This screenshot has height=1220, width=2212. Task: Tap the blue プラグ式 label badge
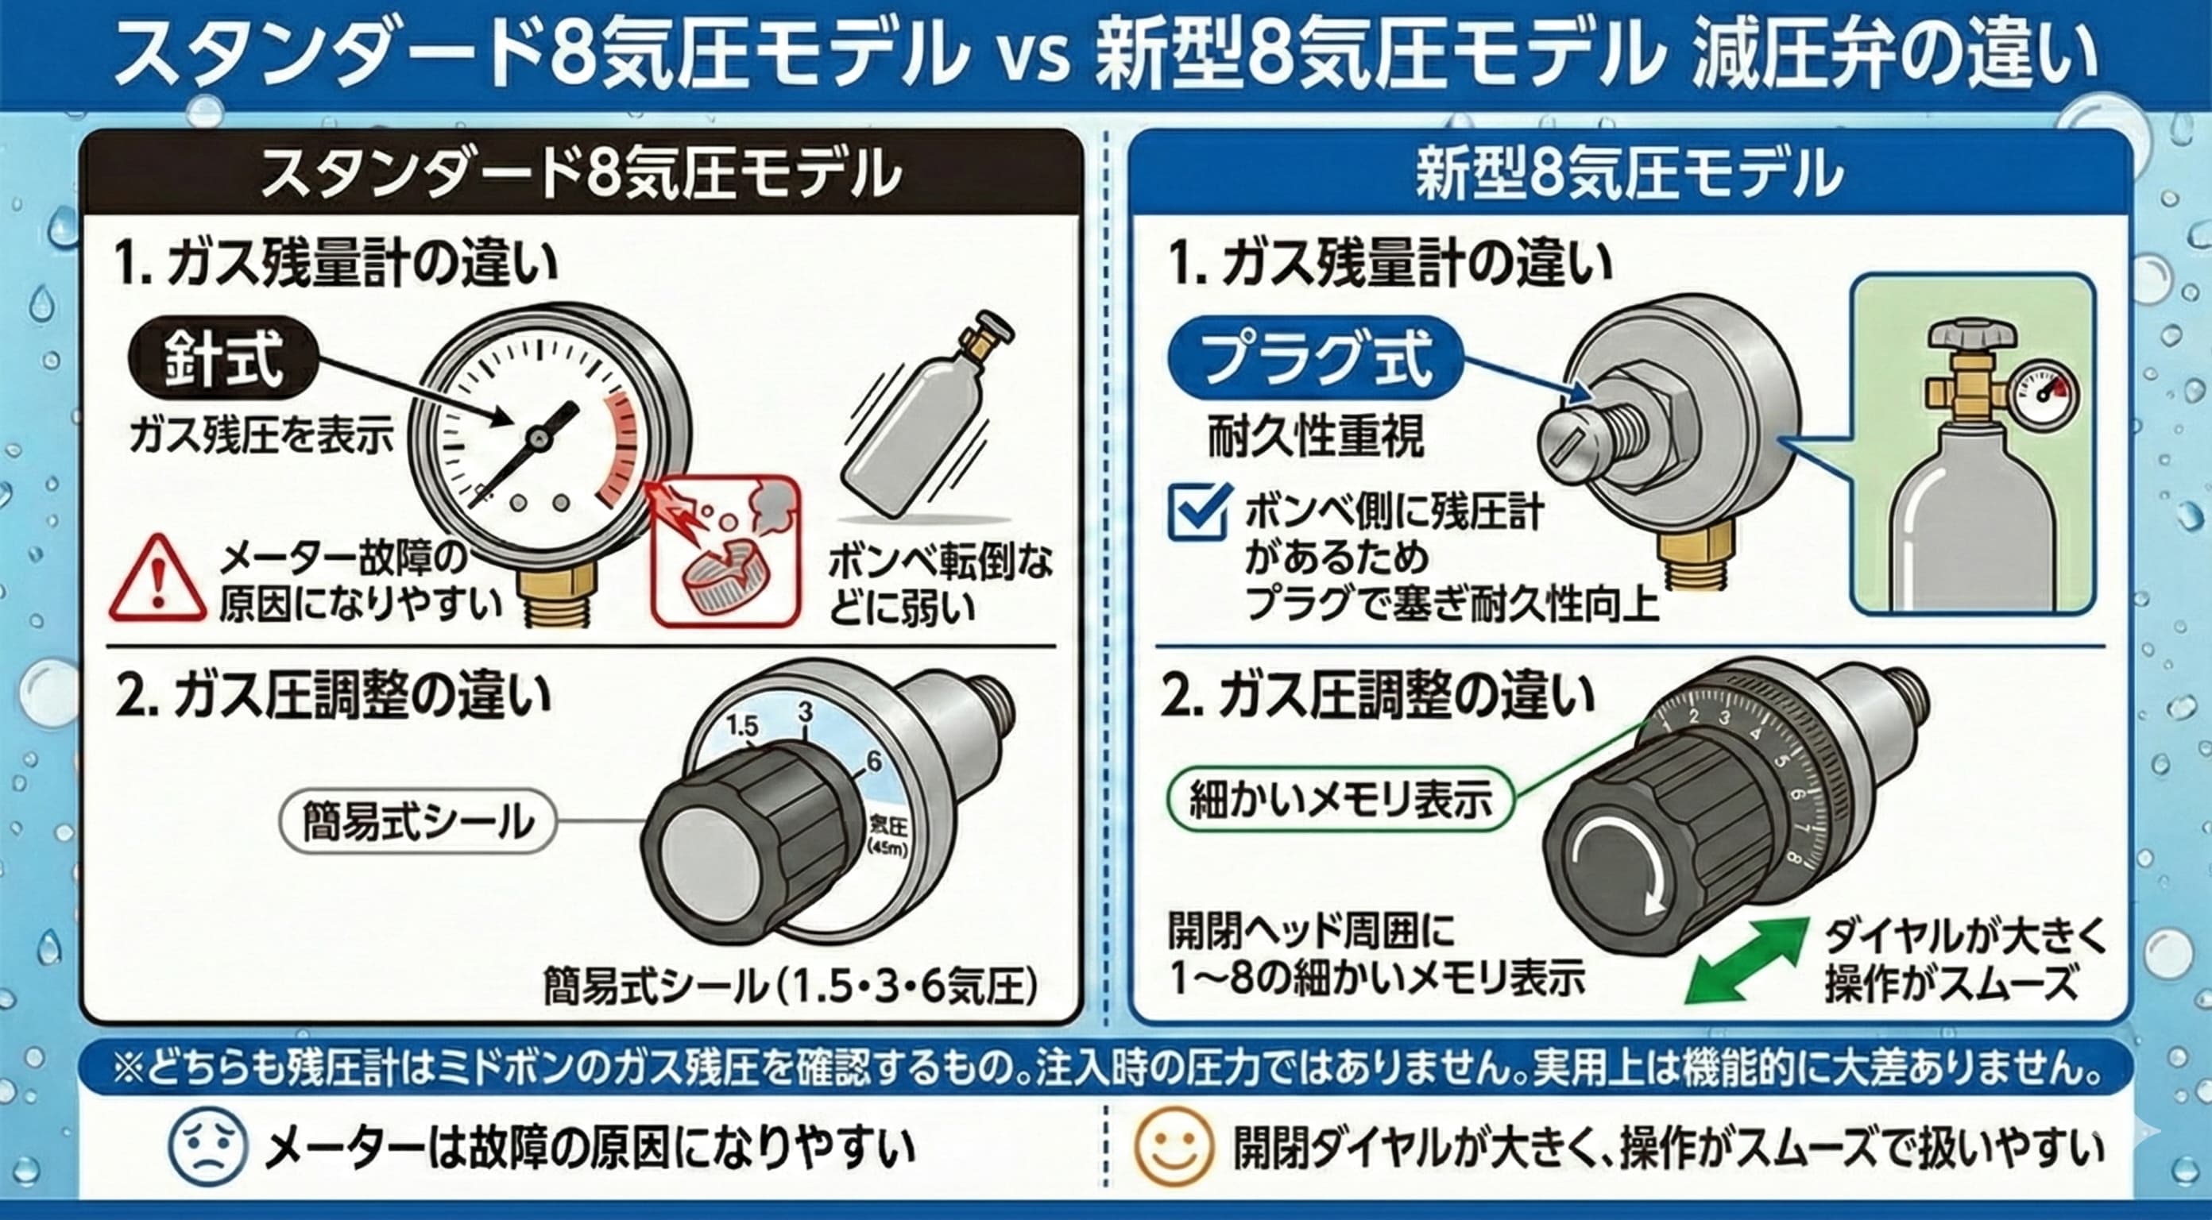[x=1316, y=359]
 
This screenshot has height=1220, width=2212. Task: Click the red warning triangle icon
[x=157, y=579]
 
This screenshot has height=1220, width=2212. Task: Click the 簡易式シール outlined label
[x=418, y=820]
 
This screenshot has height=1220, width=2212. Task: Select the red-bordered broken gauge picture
[x=725, y=550]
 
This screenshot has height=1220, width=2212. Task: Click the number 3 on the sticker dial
[x=805, y=712]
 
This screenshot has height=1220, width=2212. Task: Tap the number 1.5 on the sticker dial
[x=742, y=726]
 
